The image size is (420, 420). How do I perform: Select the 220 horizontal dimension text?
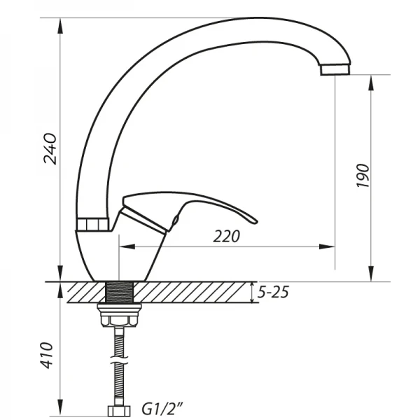point(226,237)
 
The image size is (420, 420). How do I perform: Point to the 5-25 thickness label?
point(272,293)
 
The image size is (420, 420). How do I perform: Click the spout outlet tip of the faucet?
point(334,69)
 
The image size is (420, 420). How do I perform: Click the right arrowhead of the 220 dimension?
point(328,246)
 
